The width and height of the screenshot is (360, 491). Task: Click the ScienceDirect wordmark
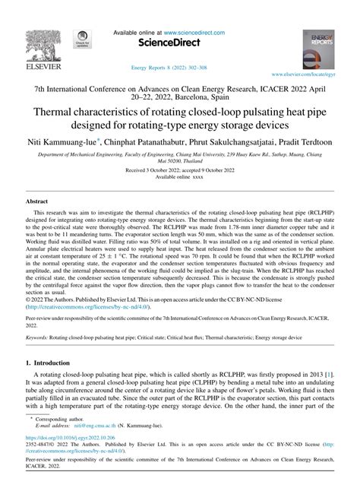coord(179,44)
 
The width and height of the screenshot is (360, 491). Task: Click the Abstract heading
coord(37,201)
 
